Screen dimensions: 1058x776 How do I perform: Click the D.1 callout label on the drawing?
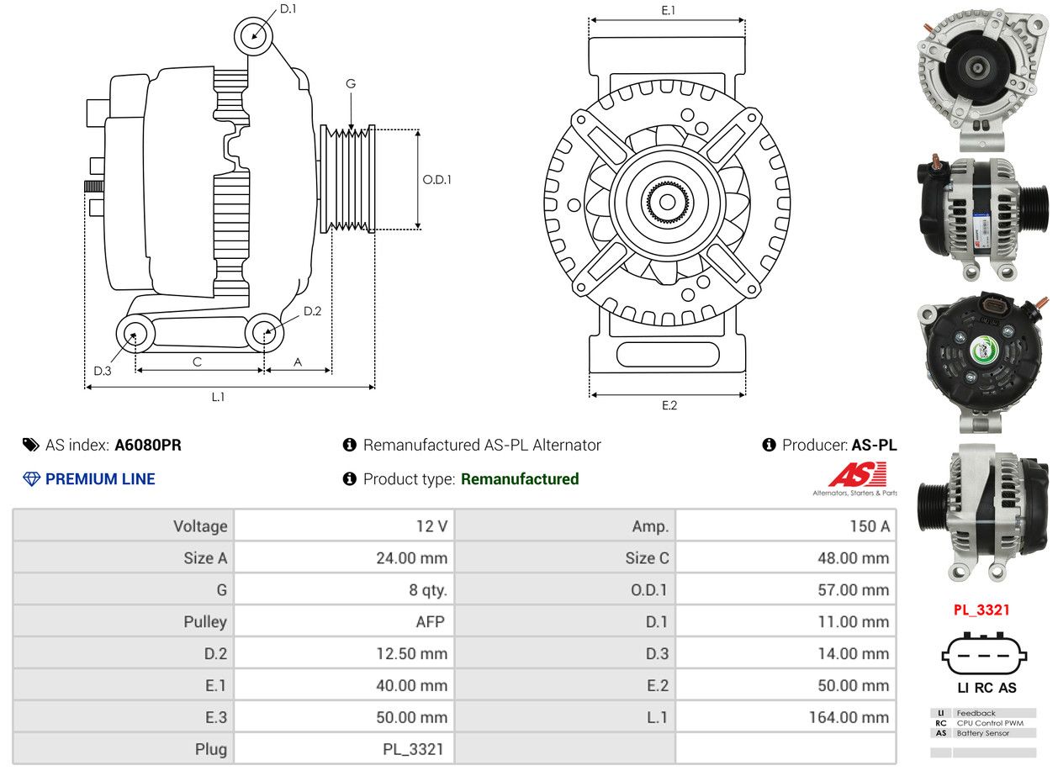pos(288,9)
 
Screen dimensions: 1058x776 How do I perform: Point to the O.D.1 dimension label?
pos(436,180)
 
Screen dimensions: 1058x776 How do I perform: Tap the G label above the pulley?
pos(351,83)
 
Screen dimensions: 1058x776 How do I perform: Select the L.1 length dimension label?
pos(218,397)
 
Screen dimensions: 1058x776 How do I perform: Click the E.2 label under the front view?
pos(669,406)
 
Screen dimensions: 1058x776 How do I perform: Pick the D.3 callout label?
pos(103,372)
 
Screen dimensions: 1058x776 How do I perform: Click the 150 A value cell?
pos(870,526)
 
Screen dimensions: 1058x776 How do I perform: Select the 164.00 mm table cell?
pos(849,717)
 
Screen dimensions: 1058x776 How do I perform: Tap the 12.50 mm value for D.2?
pos(412,653)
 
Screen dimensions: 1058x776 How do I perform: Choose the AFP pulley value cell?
pos(431,622)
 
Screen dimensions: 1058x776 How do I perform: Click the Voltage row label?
pos(200,526)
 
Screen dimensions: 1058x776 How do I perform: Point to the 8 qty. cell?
pos(428,590)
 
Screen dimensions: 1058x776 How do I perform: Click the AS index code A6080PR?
pos(148,446)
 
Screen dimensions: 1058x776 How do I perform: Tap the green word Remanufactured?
pos(520,479)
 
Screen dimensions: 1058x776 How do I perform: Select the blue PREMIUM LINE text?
pos(100,479)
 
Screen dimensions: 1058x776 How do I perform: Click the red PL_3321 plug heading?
pos(981,610)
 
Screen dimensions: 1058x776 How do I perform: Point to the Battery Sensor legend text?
pos(983,733)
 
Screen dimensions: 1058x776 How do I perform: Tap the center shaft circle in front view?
pos(667,203)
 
